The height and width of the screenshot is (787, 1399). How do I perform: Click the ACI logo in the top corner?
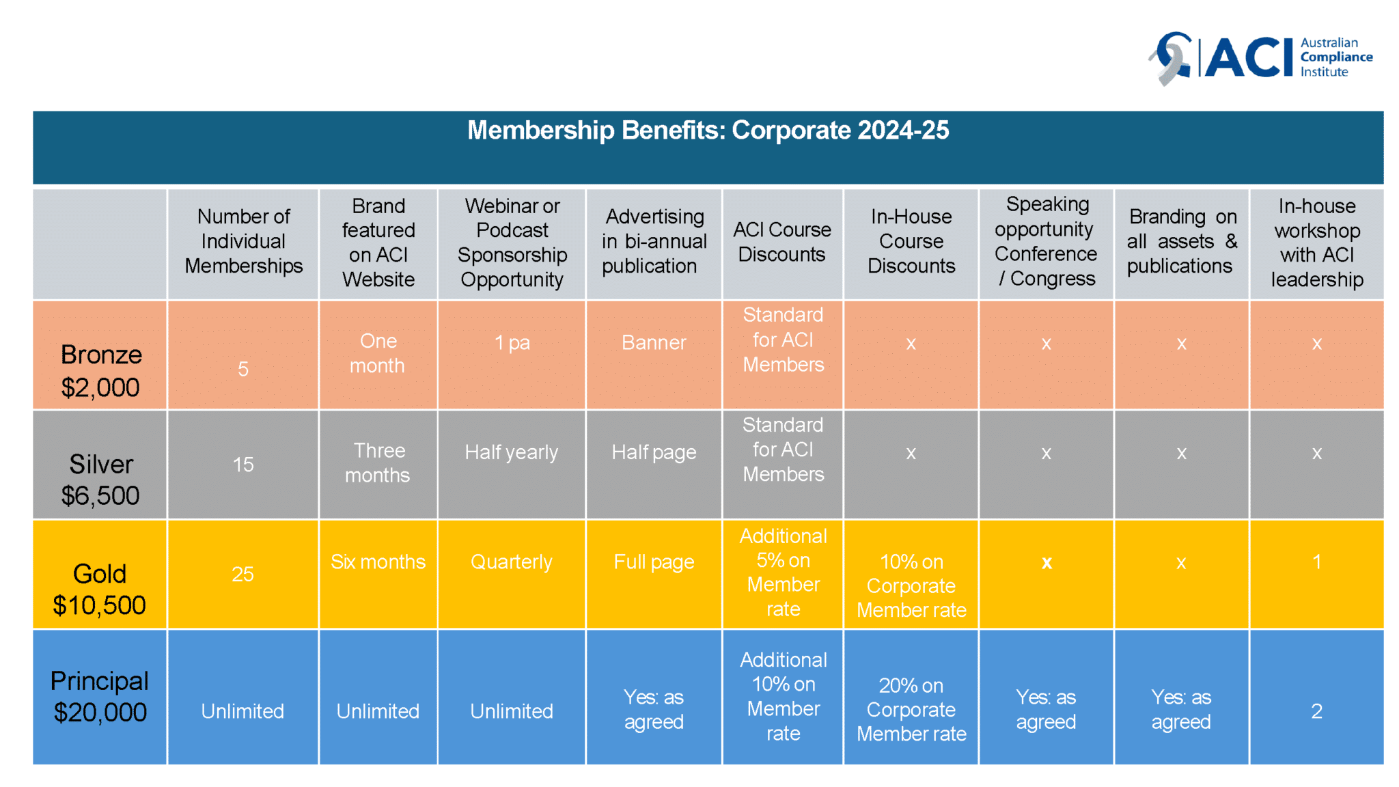coord(1260,57)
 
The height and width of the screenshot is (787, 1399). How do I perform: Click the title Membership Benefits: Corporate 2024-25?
coord(708,130)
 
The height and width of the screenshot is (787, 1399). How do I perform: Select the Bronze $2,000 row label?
coord(100,370)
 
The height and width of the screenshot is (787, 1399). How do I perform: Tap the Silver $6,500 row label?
coord(100,479)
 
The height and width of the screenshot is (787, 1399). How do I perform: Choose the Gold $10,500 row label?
coord(100,589)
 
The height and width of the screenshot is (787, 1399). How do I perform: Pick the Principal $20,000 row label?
coord(100,696)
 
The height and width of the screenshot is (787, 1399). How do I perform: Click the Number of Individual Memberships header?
coord(243,241)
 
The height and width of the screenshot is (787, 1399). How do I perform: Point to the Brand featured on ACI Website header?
coord(378,243)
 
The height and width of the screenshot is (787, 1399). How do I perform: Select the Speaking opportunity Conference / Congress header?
coord(1046,241)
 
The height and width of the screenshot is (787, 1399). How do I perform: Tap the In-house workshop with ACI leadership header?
coord(1316,243)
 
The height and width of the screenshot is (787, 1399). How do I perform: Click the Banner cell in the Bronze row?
coord(654,342)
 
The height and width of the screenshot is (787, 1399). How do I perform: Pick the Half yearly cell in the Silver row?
coord(512,452)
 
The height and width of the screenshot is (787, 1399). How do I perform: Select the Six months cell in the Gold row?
coord(378,562)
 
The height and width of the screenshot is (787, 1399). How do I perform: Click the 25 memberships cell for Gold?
coord(243,574)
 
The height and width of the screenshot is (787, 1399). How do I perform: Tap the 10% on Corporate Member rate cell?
coord(911,585)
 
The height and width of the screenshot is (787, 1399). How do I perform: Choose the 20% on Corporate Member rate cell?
coord(911,709)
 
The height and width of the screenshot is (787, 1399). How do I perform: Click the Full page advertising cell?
coord(654,562)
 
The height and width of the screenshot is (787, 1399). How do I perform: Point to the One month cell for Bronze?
coord(378,353)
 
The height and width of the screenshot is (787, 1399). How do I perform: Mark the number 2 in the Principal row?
coord(1316,711)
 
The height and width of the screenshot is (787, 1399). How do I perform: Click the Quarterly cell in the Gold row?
coord(512,562)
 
